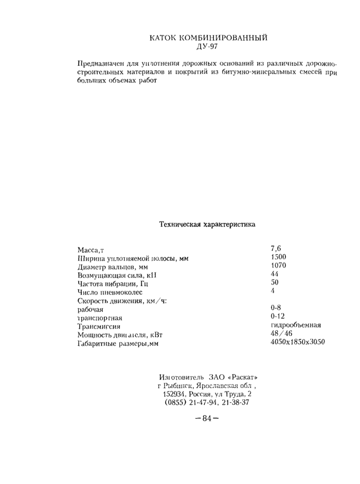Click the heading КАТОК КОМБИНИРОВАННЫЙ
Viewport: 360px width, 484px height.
coord(210,38)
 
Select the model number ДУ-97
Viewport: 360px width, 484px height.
coord(209,48)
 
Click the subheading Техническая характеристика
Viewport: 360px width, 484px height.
coord(207,225)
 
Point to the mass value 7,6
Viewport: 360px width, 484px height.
coord(276,249)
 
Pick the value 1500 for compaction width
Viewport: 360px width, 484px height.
coord(278,257)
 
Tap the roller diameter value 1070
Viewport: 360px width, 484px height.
coord(278,266)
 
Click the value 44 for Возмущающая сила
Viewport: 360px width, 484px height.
coord(274,274)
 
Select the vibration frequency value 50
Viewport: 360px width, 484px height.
coord(274,283)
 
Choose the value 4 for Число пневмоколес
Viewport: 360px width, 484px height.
coord(273,291)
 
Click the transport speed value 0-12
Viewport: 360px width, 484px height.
coord(277,317)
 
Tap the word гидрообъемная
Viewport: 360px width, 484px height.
coord(296,325)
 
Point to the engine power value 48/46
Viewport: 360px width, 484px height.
coord(281,334)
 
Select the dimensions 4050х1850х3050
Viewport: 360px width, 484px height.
coord(297,342)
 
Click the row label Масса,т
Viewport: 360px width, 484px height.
coord(91,250)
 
